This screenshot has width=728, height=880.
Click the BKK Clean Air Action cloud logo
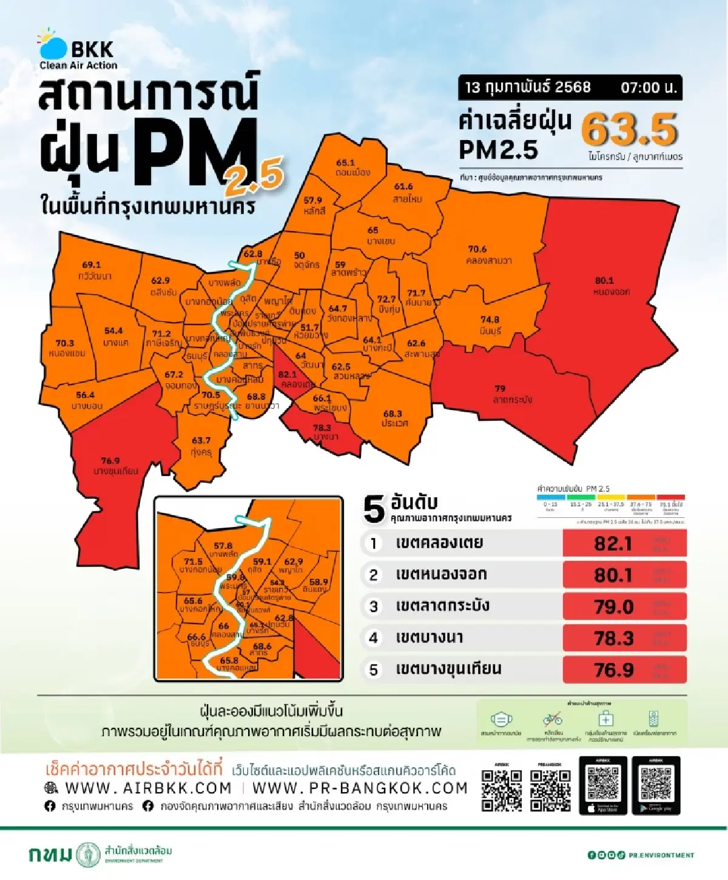click(53, 45)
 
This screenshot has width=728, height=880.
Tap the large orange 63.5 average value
click(629, 129)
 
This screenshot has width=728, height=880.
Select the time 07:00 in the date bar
click(648, 88)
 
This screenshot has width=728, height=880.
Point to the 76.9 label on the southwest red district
click(110, 461)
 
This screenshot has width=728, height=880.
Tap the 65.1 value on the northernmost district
click(345, 163)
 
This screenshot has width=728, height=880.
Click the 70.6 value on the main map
click(477, 249)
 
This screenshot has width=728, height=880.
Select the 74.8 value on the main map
click(490, 320)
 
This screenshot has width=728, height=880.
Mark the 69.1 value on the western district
click(91, 265)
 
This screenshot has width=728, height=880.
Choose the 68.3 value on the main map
click(392, 414)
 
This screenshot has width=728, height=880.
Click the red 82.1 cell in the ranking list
click(613, 543)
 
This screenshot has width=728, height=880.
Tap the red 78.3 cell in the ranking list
click(613, 638)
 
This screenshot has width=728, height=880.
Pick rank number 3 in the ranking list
click(374, 606)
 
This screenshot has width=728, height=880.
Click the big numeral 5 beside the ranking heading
click(374, 509)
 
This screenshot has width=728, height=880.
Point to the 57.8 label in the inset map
click(223, 546)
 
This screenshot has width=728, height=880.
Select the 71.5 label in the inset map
click(193, 562)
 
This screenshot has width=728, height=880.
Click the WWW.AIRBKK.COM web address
click(148, 788)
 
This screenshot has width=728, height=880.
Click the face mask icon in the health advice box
click(500, 719)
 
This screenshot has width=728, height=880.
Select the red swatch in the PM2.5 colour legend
click(670, 497)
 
